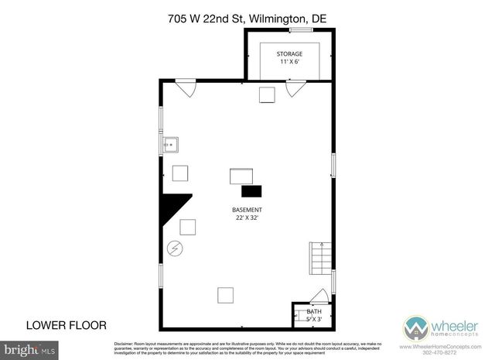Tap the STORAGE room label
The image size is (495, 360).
[290, 54]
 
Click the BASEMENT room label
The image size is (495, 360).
[247, 210]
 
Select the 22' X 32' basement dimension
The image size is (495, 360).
[247, 218]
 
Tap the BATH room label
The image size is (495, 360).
[313, 311]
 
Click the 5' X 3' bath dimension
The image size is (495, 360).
[313, 319]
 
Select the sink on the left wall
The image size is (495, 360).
[169, 145]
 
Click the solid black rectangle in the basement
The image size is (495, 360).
[251, 191]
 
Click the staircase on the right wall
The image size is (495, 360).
[320, 256]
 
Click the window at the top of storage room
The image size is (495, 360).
[301, 30]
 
